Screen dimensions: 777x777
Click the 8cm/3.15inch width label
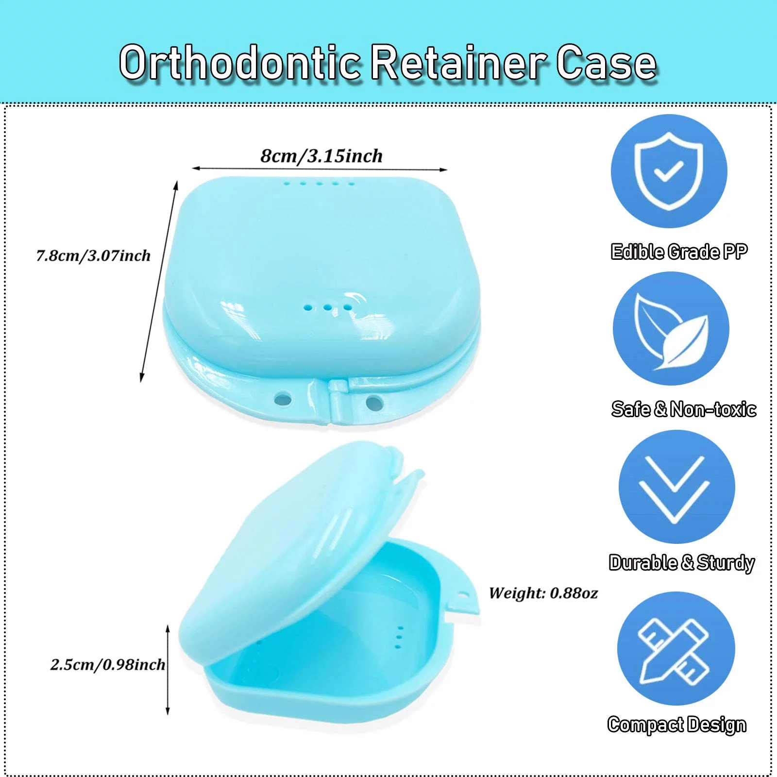[x=321, y=156]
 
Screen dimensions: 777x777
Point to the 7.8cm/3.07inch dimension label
[x=93, y=255]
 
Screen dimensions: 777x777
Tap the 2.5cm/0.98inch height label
[x=108, y=664]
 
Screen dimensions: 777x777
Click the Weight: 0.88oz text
[x=543, y=593]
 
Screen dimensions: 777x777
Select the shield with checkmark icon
[x=669, y=171]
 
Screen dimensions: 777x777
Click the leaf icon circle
[x=671, y=329]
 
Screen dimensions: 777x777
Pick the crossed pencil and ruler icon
[x=676, y=648]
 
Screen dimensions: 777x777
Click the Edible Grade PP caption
[x=679, y=252]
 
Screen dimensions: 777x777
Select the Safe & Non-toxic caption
[x=684, y=409]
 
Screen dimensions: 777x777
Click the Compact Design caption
[x=677, y=725]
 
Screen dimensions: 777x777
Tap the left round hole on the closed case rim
[x=283, y=400]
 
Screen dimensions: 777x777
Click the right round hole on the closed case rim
[x=373, y=402]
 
